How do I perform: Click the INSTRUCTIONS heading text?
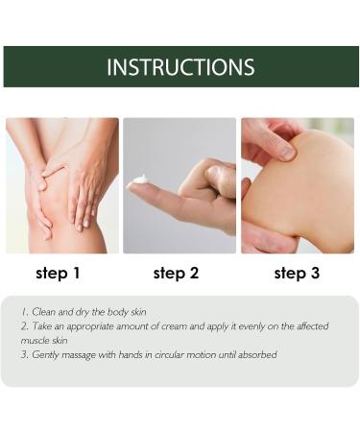point(180,67)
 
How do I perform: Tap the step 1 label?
point(58,274)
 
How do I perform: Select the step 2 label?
point(176,274)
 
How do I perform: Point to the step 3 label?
point(297,274)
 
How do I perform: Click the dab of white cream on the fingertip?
point(140,180)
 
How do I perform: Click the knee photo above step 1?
point(62,185)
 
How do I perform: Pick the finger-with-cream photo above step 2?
point(180,185)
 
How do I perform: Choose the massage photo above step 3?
point(298,185)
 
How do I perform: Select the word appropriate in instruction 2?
point(106,326)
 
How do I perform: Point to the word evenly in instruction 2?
point(245,326)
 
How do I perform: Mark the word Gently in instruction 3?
point(44,354)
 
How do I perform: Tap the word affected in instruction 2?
point(308,326)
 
